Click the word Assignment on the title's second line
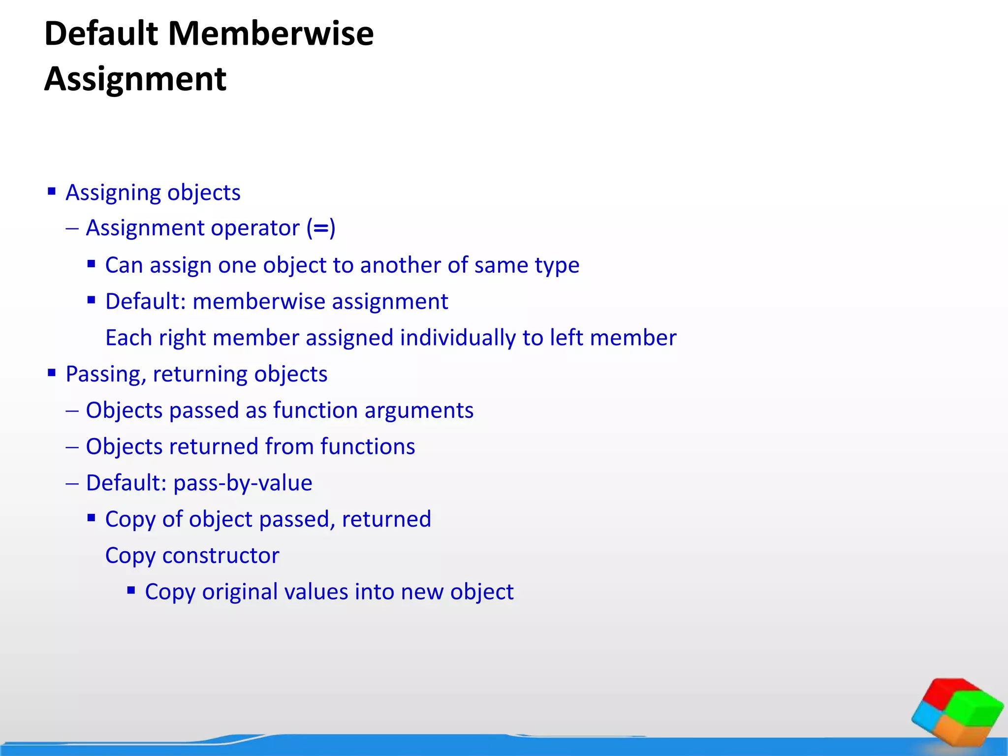pos(135,79)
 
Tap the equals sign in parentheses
pos(321,228)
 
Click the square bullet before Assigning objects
pos(52,191)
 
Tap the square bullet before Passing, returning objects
pos(52,373)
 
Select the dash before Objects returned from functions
pos(72,447)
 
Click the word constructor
pos(220,556)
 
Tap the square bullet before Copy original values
pos(131,590)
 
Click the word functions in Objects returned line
pos(368,447)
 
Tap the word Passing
pos(106,375)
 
